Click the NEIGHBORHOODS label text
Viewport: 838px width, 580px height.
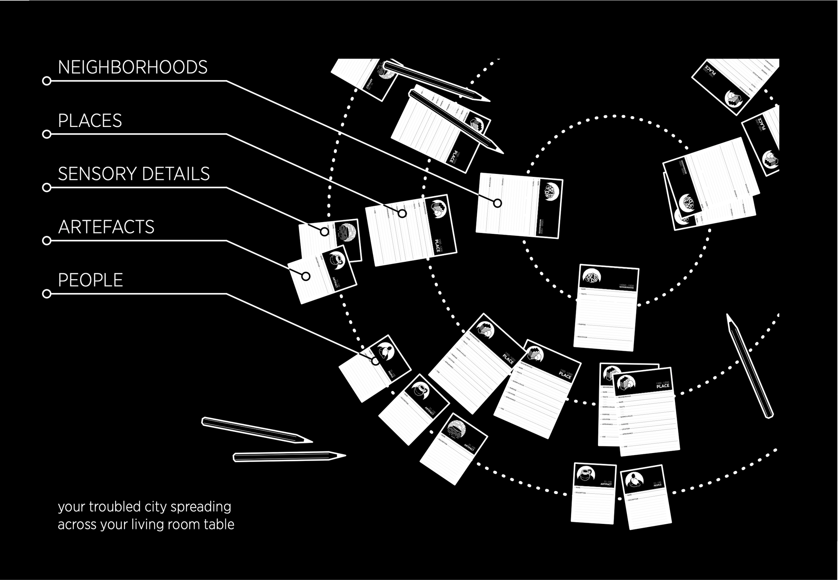tap(132, 67)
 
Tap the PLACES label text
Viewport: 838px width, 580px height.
tap(90, 121)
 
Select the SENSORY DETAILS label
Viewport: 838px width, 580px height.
tap(134, 174)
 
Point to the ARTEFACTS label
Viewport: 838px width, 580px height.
tap(106, 227)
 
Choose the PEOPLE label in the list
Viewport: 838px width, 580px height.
tap(90, 280)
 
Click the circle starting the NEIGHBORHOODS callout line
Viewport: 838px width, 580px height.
tap(47, 81)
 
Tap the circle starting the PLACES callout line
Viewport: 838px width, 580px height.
tap(47, 134)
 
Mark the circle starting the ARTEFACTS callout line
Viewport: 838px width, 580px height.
tap(47, 241)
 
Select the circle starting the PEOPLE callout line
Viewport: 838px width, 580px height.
tap(47, 294)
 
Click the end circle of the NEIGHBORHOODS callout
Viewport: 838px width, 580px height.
tap(497, 203)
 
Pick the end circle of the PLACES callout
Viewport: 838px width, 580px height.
tap(402, 213)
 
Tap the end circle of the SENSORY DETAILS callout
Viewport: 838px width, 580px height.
tap(325, 231)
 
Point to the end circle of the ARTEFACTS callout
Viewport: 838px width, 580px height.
tap(306, 276)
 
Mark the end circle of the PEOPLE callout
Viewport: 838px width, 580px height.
tap(375, 361)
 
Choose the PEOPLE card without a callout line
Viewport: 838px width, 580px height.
tap(646, 497)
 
